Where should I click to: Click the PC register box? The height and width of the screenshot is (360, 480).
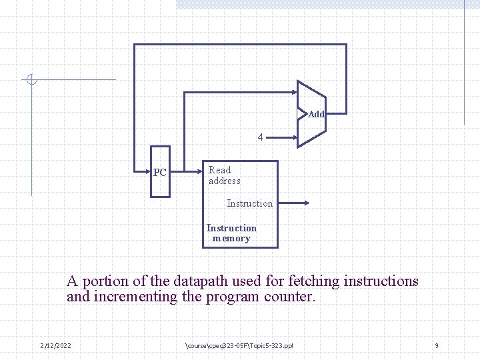coord(160,172)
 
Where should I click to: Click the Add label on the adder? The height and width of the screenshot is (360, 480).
coord(316,114)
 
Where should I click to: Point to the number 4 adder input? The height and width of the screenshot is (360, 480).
coord(261,137)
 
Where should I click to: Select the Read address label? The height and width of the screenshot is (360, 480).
coord(224,175)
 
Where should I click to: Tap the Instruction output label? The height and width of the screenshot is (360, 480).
coord(249,203)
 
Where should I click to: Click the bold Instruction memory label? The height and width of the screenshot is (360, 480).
coord(231,233)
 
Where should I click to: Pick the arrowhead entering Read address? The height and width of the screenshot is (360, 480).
coord(199,171)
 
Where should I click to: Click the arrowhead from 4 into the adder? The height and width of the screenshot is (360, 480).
coord(293,137)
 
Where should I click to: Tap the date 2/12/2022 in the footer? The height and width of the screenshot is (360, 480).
coord(56,345)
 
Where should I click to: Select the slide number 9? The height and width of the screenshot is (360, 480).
coord(437,345)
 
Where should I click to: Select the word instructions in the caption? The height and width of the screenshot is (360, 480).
coord(381,281)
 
